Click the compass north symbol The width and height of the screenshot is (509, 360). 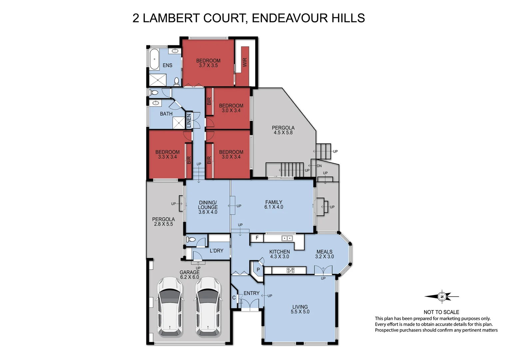point(442,296)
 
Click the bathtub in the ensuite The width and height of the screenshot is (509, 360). point(154,59)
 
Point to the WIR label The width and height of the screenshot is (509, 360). point(245,62)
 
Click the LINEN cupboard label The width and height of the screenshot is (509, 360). point(189,121)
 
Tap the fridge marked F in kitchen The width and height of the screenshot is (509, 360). point(257,238)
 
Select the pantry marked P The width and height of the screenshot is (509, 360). point(258,269)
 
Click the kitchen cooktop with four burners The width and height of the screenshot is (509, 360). point(290,270)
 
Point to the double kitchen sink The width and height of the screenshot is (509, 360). point(287,238)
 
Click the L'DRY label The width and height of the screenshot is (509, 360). point(217,251)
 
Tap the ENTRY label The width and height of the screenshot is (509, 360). point(252,293)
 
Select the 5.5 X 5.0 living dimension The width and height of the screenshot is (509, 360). point(300,312)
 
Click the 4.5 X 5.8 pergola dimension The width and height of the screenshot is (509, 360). point(283,132)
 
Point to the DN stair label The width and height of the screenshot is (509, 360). point(319,166)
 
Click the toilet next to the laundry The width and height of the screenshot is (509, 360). point(191,239)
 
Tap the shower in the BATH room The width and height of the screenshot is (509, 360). point(179,123)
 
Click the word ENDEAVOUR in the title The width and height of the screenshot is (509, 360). point(285,18)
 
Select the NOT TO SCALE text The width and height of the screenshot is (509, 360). point(441,312)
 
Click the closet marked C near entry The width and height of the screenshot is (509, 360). point(234,298)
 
